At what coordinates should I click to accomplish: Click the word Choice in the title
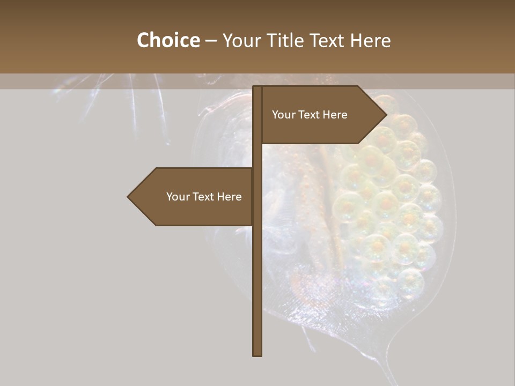tap(168, 40)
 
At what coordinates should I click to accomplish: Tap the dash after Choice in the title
tap(211, 41)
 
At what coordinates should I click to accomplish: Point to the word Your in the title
tap(242, 40)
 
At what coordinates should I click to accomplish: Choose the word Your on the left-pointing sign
tap(178, 197)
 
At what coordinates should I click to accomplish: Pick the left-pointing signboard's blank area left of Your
tap(150, 197)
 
